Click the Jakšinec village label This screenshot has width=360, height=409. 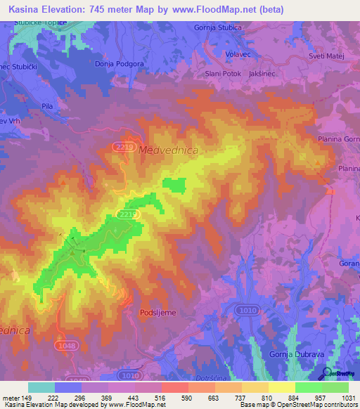(x=281, y=73)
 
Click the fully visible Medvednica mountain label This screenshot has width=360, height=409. (x=169, y=150)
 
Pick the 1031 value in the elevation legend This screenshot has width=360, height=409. (x=348, y=398)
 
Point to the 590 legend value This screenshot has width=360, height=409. (x=188, y=398)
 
